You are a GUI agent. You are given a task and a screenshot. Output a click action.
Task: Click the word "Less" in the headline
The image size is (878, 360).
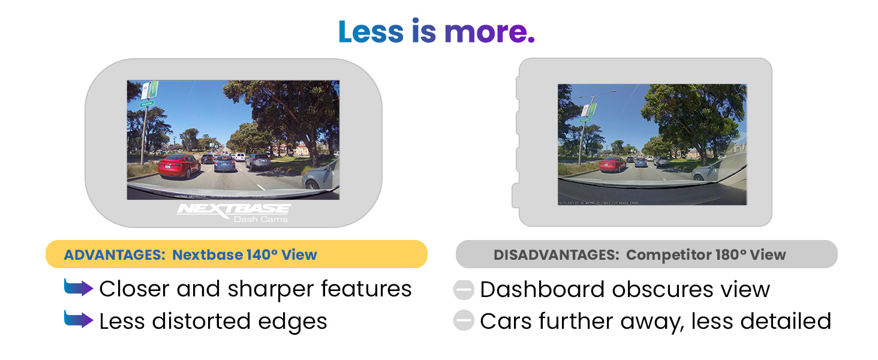click(x=372, y=31)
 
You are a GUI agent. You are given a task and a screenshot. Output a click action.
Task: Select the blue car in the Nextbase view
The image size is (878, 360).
click(x=225, y=163)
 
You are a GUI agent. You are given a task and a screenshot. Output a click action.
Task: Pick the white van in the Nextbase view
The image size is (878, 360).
click(x=240, y=157)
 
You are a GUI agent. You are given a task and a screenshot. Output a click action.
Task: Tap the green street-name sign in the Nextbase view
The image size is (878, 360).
click(x=147, y=103)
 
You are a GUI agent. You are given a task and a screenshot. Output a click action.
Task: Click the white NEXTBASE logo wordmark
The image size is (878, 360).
click(x=234, y=209)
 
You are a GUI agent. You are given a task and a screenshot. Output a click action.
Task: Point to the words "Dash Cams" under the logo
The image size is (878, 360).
click(x=260, y=219)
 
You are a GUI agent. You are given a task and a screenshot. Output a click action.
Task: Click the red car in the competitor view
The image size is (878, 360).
click(x=612, y=164)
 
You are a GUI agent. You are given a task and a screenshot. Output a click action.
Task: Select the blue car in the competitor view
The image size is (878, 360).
click(x=641, y=162)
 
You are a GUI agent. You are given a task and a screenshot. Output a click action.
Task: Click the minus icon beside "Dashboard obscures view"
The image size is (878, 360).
click(x=464, y=289)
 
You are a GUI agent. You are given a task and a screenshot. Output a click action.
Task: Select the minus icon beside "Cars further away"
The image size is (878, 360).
click(x=464, y=321)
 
